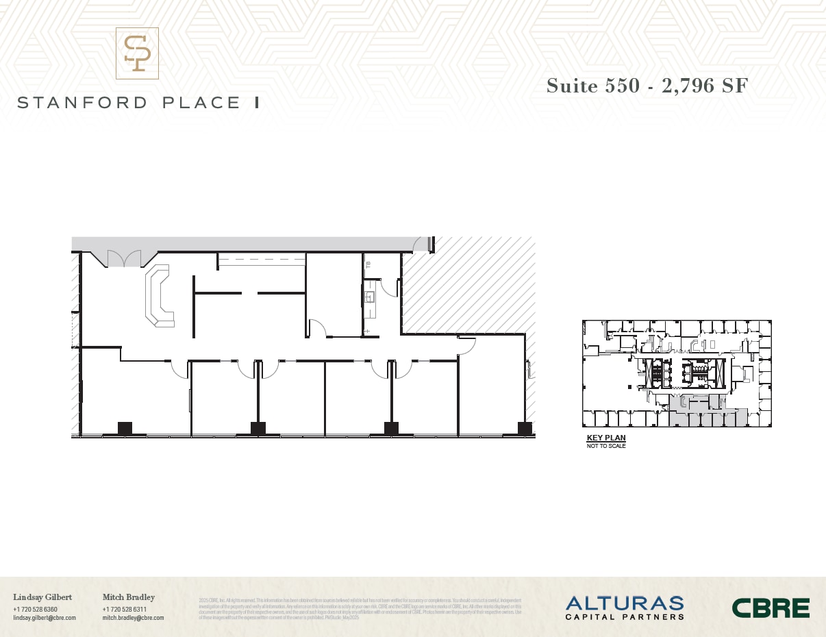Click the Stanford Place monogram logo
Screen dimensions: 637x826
pyautogui.click(x=137, y=53)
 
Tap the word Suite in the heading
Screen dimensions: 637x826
pyautogui.click(x=572, y=86)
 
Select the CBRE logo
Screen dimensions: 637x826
pyautogui.click(x=771, y=608)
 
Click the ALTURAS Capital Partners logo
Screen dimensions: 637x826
pyautogui.click(x=624, y=608)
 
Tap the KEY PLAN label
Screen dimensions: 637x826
pyautogui.click(x=606, y=438)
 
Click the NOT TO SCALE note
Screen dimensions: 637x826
pyautogui.click(x=606, y=447)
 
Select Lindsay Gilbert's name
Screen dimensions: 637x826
pyautogui.click(x=42, y=597)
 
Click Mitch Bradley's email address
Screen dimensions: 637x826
pyautogui.click(x=133, y=618)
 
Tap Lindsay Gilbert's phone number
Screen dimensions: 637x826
pyautogui.click(x=35, y=610)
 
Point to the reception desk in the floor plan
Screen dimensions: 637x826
pyautogui.click(x=159, y=297)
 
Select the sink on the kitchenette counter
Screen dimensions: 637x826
pyautogui.click(x=370, y=297)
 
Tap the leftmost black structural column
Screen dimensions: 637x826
pyautogui.click(x=125, y=428)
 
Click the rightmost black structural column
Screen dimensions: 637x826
pyautogui.click(x=525, y=428)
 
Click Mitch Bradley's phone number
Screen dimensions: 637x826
pyautogui.click(x=125, y=610)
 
